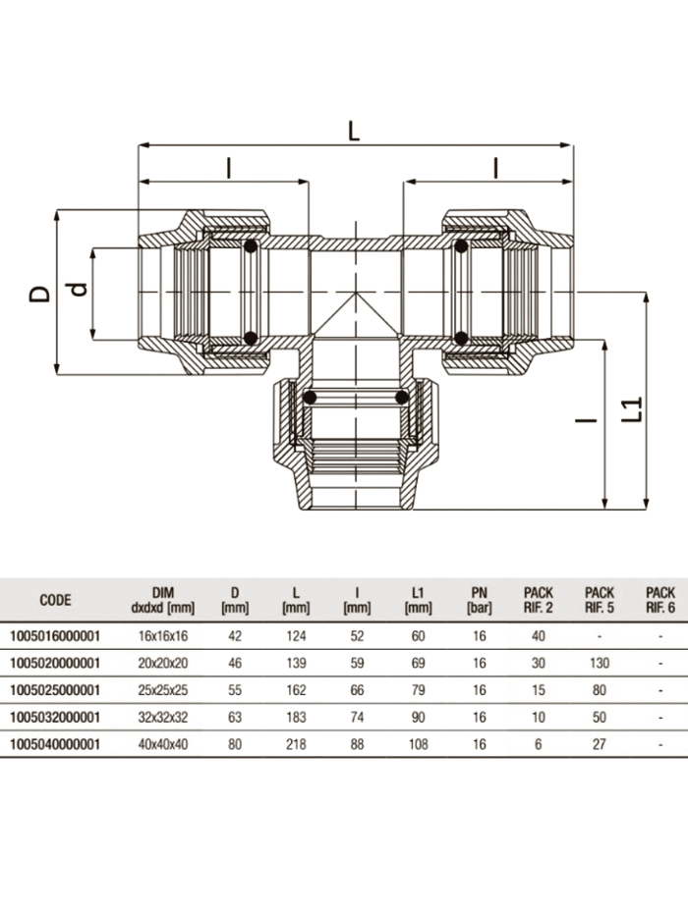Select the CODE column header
coord(55,601)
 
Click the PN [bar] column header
coord(479,601)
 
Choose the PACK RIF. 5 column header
coord(600,601)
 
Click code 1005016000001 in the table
coord(54,636)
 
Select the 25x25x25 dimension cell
coord(163,690)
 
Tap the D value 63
coord(235,718)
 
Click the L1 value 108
coord(419,745)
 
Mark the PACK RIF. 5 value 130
coord(600,663)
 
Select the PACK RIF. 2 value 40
coord(539,636)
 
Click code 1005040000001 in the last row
coord(54,745)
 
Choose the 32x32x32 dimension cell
coord(163,718)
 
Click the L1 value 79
coord(419,690)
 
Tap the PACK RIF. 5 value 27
coord(600,745)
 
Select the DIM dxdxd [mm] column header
coord(163,601)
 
